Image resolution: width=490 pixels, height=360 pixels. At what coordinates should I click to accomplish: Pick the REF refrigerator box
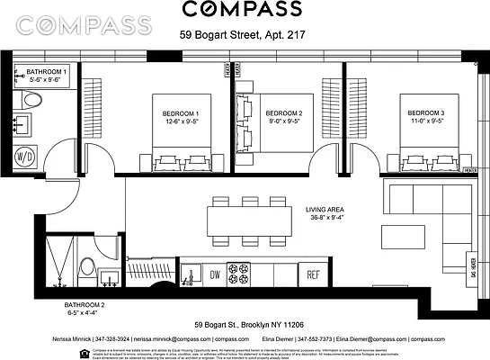pyautogui.click(x=314, y=274)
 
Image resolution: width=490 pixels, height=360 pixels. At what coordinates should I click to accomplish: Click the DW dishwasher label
pyautogui.click(x=214, y=274)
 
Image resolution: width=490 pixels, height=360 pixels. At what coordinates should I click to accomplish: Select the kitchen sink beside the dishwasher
pyautogui.click(x=189, y=274)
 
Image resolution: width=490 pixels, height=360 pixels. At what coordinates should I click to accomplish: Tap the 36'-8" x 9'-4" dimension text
pyautogui.click(x=328, y=217)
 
